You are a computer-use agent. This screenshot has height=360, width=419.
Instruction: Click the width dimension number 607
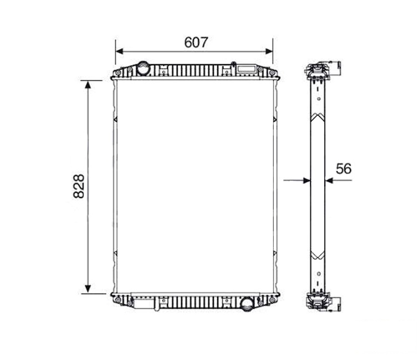pos(196,42)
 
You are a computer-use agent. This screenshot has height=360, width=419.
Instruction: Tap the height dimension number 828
pos(79,186)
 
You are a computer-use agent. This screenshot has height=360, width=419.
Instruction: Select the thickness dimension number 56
pos(344,168)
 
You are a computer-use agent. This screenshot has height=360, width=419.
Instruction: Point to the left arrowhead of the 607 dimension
pos(119,52)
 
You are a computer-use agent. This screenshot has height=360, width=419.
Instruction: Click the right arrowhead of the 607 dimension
pos(269,52)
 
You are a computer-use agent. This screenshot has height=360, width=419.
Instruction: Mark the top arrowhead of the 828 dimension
pos(88,84)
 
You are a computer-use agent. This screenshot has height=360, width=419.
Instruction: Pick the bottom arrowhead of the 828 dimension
pos(88,289)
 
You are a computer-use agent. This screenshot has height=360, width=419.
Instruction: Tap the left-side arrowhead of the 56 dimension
pos(307,181)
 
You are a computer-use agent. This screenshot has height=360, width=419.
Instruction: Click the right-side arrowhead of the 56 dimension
pos(329,181)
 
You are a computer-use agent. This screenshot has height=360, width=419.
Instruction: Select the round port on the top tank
pos(143,68)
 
